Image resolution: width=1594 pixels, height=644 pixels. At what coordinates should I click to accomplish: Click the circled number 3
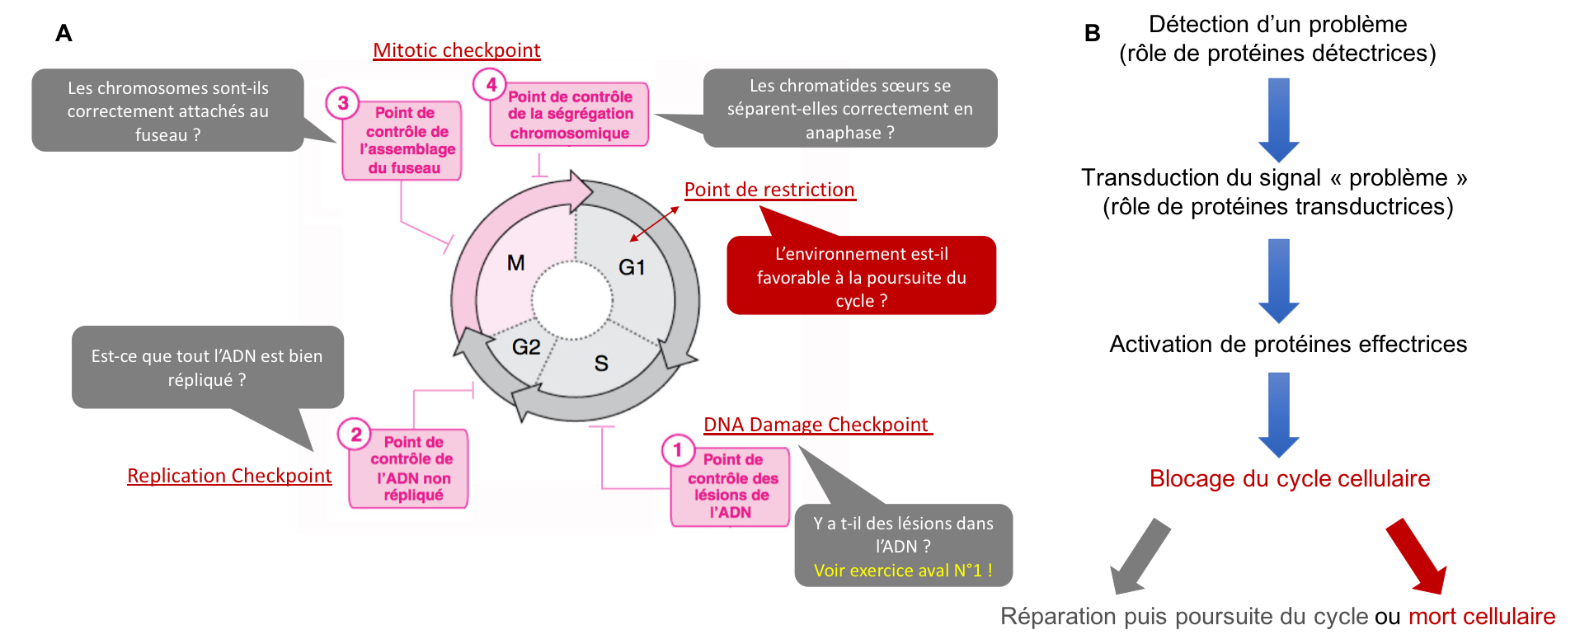tap(342, 103)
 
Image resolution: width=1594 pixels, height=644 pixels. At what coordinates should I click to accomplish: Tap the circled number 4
tap(490, 84)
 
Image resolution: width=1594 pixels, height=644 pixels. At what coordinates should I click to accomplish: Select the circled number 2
tap(355, 435)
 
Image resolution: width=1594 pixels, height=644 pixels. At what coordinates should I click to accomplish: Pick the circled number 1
tap(678, 450)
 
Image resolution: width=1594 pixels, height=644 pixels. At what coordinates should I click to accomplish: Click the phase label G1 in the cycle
tap(632, 267)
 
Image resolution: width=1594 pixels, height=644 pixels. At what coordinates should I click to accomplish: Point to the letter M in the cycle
tap(516, 263)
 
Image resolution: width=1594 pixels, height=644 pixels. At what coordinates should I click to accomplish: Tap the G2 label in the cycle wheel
tap(526, 347)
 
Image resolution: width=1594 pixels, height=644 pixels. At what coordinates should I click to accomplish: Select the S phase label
tap(601, 363)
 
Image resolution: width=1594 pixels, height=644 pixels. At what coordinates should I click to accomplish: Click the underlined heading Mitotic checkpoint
tap(457, 50)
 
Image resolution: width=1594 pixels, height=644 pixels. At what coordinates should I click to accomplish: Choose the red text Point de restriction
tap(769, 190)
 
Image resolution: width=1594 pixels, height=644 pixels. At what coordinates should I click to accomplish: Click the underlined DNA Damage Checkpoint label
tap(817, 425)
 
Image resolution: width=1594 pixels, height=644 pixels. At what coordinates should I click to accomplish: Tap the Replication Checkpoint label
tap(229, 476)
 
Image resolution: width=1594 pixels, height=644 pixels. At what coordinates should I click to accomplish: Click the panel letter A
tap(63, 33)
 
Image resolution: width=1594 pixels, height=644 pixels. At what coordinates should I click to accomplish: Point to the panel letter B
tap(1093, 33)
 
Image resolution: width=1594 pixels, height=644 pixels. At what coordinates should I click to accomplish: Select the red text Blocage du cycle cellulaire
tap(1290, 478)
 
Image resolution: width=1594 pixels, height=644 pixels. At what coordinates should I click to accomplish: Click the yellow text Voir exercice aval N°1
tap(903, 571)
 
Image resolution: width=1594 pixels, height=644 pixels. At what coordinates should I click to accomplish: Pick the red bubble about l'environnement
tap(862, 276)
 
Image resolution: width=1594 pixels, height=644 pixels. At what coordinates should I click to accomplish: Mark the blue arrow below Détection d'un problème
tap(1279, 120)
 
